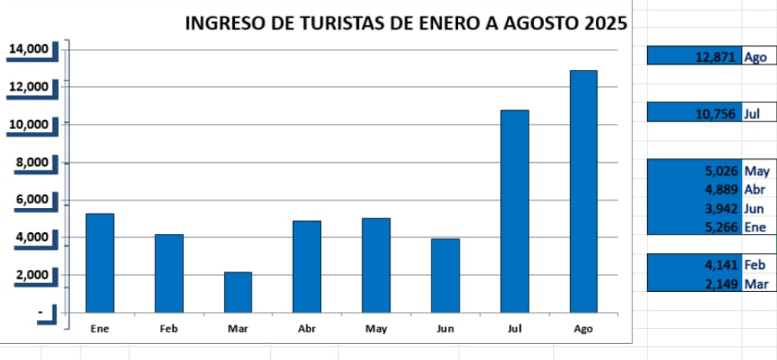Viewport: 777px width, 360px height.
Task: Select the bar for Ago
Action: click(x=583, y=191)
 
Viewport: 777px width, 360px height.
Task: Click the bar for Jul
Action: click(x=514, y=211)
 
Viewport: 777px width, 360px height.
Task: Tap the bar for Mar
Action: click(x=238, y=292)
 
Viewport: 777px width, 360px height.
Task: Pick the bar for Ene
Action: click(x=99, y=263)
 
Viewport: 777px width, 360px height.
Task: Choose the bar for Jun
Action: click(x=445, y=275)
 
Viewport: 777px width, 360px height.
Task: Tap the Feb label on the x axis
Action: click(x=169, y=329)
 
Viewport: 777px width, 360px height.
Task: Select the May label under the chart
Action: click(x=376, y=329)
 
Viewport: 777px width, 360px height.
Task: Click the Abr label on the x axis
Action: click(x=307, y=329)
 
